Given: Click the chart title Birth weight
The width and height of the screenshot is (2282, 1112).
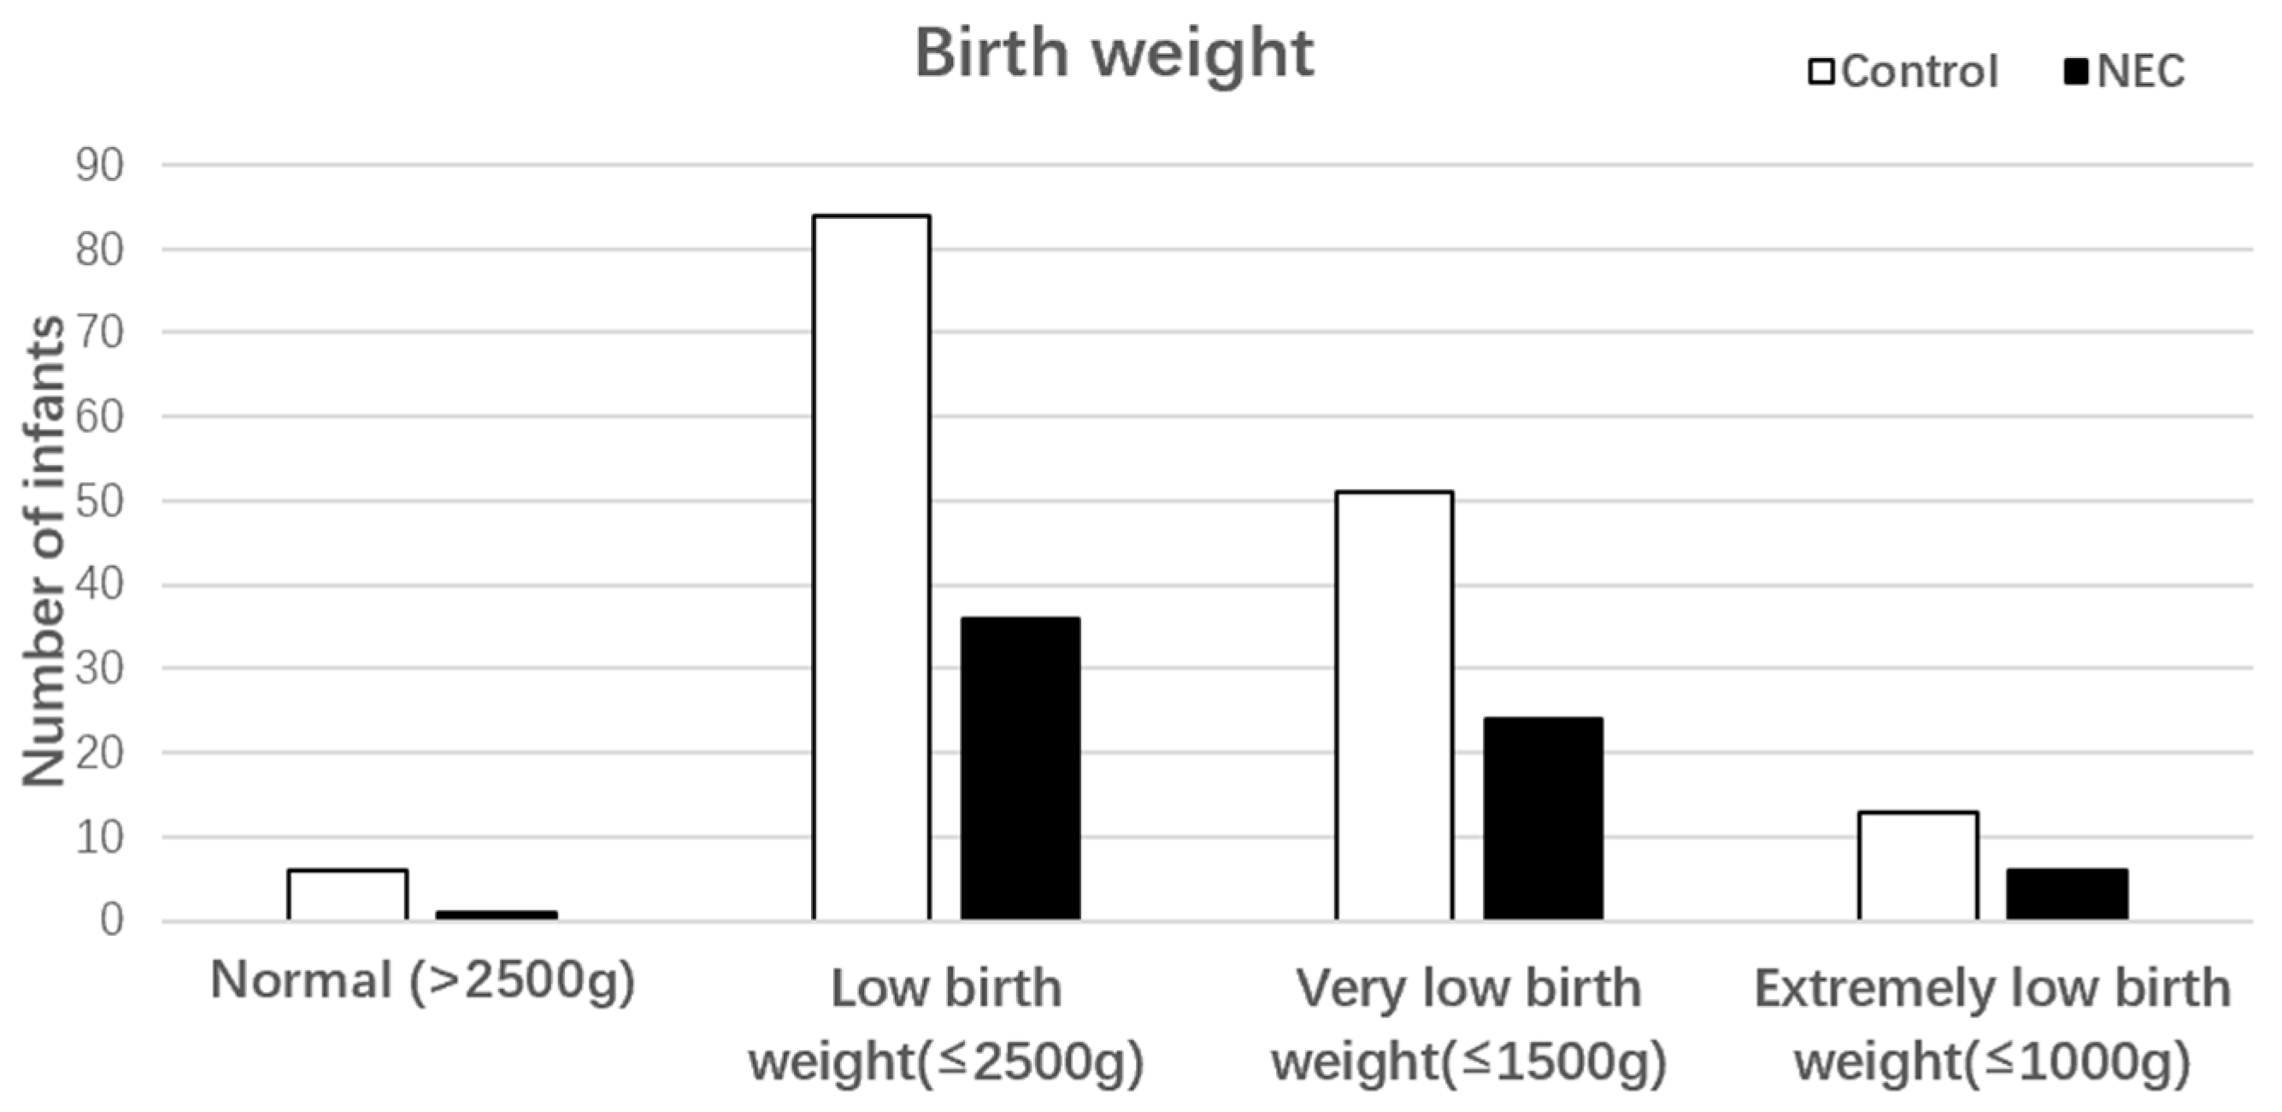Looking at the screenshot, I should pos(1114,54).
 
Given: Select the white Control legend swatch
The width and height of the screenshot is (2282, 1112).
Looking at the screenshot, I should pos(1820,71).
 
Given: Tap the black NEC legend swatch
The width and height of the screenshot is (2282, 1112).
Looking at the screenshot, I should pos(2074,71).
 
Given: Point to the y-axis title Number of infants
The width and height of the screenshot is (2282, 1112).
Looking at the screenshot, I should pos(43,551).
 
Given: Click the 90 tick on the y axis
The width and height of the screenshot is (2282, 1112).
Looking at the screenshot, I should pos(99,166).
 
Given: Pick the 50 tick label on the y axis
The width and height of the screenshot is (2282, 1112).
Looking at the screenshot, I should pos(99,502).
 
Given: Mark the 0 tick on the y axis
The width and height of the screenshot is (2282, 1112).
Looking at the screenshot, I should pos(111,921).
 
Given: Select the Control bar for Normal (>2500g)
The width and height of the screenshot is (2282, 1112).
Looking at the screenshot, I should pos(347,895).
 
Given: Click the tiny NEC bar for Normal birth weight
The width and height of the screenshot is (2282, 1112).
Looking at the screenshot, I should pos(496,915).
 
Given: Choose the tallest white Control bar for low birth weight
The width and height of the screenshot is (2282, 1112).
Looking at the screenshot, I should pos(872,567).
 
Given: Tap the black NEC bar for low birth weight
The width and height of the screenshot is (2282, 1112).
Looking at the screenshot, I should pos(1020,768).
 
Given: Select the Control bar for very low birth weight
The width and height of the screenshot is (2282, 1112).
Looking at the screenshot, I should pos(1394,706).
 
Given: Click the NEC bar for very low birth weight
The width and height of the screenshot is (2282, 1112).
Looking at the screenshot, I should pos(1544,819).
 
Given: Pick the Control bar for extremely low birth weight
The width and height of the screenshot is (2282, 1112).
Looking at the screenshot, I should pos(1918,866).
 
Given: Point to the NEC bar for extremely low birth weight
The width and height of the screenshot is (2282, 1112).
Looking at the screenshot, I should pos(2067,894).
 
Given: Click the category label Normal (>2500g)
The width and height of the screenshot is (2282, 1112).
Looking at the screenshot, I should pos(422,982).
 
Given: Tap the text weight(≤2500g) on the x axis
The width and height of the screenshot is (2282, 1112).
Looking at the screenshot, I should pos(946,1061).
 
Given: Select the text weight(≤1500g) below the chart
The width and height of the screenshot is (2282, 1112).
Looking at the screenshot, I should pos(1469,1061).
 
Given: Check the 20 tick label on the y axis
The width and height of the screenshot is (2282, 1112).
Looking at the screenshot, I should pos(99,753).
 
